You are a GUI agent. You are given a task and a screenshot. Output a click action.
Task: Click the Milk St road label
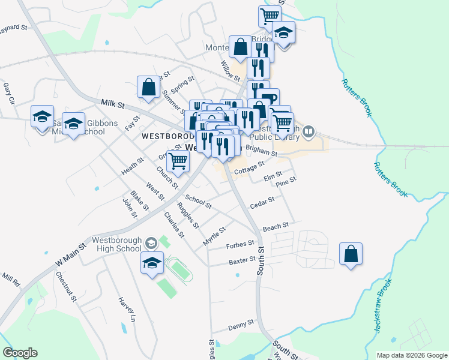coord(112,104)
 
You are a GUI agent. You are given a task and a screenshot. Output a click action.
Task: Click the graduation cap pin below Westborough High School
coord(152,262)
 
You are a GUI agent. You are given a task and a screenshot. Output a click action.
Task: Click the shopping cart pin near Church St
coord(178,161)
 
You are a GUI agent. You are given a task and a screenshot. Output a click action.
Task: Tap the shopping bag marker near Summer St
coord(148,87)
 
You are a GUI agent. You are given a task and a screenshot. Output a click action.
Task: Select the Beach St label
coord(276,226)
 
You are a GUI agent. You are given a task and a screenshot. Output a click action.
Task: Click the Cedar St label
coord(262,203)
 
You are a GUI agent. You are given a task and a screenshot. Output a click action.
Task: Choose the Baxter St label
coord(242,262)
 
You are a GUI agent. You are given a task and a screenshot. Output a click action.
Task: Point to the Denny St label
coord(241,326)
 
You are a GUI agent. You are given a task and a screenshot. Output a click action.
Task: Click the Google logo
coord(20,353)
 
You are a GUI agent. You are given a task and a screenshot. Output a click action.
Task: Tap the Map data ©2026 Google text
coord(411,355)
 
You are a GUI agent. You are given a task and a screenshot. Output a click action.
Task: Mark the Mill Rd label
coord(11,280)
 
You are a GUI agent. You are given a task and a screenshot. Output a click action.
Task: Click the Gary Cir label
coord(8,94)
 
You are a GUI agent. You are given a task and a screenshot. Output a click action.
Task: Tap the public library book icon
coord(309,131)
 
